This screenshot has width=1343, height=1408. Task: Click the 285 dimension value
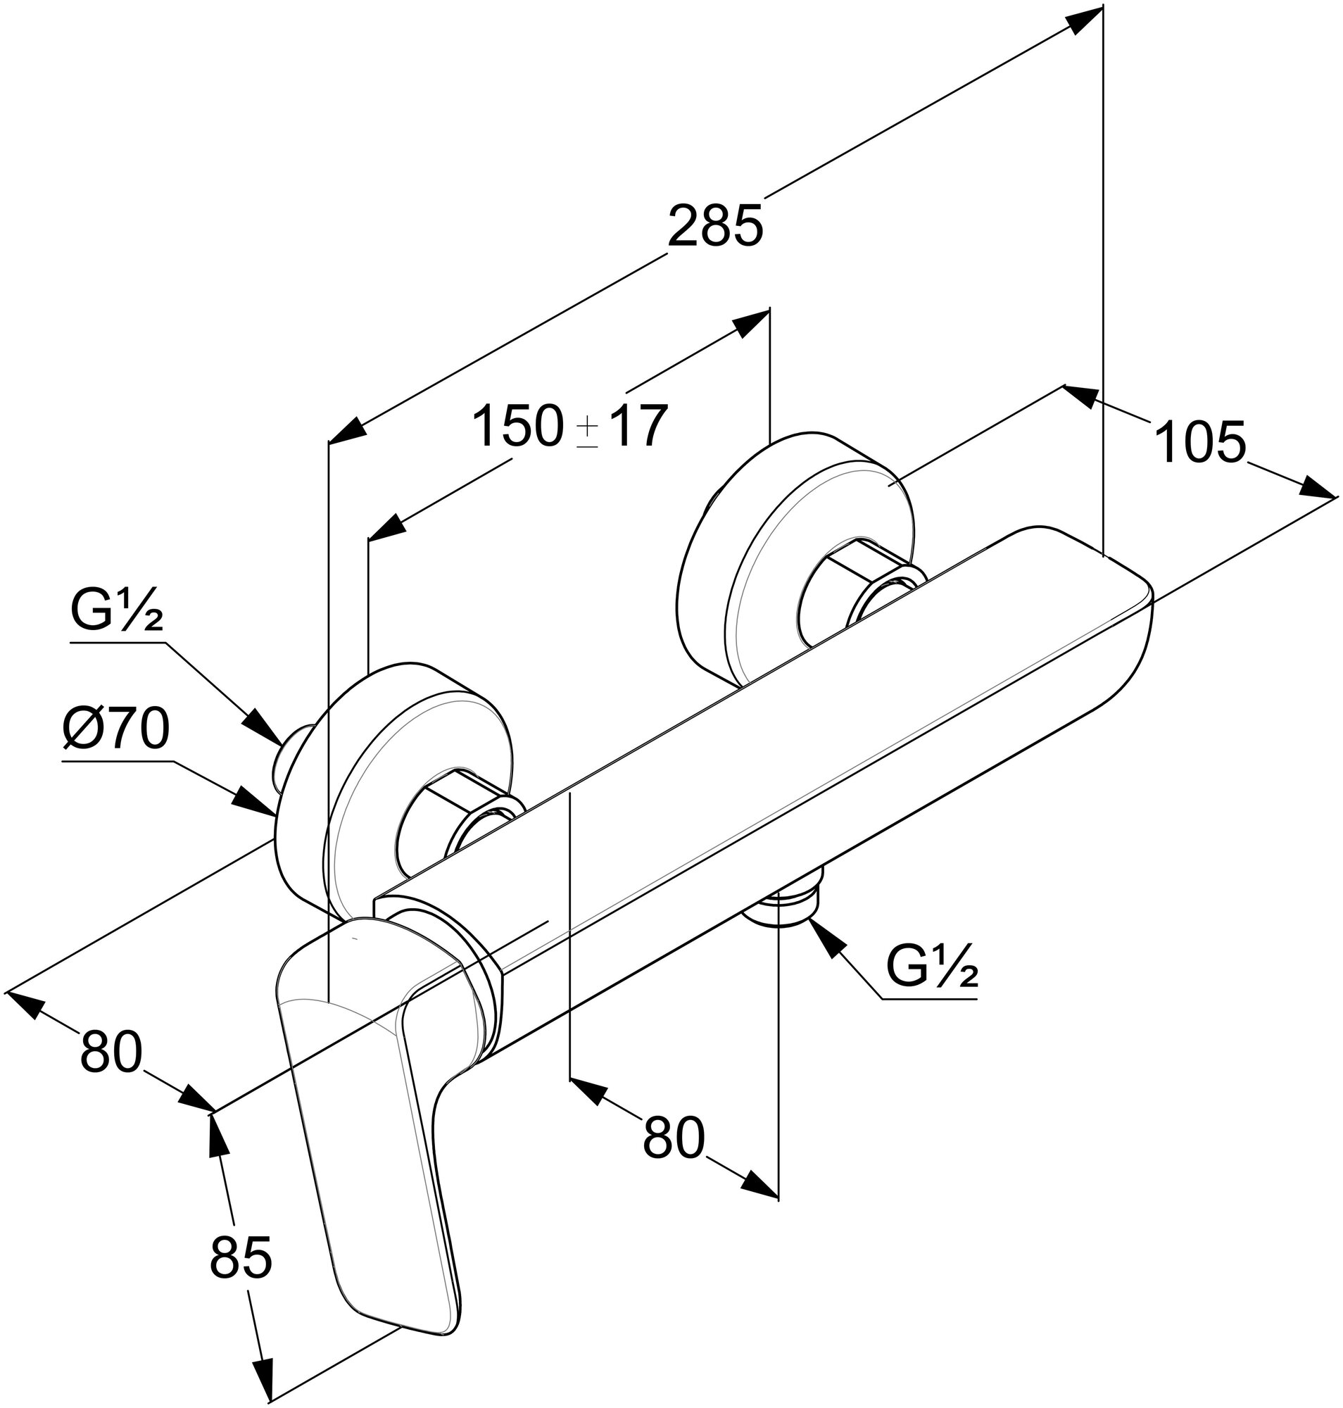tap(715, 226)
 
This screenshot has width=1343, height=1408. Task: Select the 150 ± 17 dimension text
tap(570, 427)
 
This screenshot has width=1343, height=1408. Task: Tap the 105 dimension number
tap(1201, 443)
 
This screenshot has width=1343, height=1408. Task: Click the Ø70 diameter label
tap(116, 729)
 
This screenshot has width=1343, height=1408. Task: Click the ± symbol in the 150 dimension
tap(588, 432)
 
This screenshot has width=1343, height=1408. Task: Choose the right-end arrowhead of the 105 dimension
tap(1318, 489)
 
